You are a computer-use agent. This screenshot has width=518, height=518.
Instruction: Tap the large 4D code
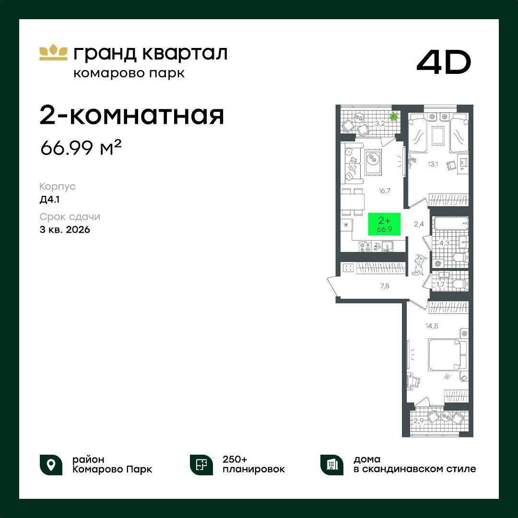pyautogui.click(x=444, y=62)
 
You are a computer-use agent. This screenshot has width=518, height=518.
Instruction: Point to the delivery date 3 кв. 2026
pyautogui.click(x=65, y=229)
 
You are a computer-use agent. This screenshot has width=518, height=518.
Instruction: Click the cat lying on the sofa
pyautogui.click(x=353, y=166)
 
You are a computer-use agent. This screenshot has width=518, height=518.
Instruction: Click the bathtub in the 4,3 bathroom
pyautogui.click(x=450, y=224)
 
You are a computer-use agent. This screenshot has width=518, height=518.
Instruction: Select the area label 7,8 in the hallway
pyautogui.click(x=385, y=286)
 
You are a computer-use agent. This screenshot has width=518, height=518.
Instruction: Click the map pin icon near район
pyautogui.click(x=51, y=465)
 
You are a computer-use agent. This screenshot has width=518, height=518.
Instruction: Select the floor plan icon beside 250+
pyautogui.click(x=201, y=465)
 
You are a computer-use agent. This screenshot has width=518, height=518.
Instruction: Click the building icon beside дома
pyautogui.click(x=332, y=465)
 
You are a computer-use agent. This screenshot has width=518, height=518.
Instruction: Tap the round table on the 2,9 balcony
pyautogui.click(x=447, y=416)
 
